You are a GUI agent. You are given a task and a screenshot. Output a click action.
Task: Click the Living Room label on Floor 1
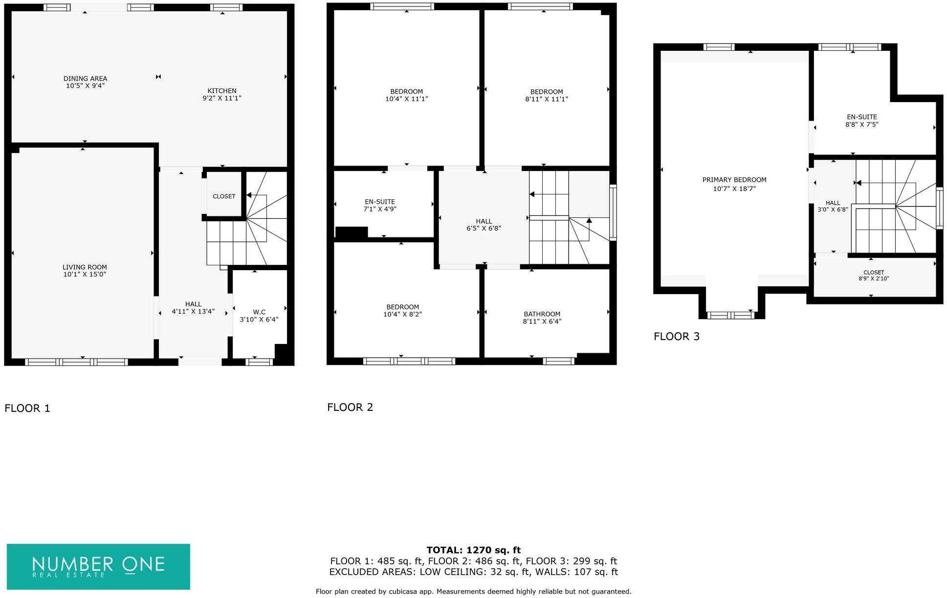pos(85,267)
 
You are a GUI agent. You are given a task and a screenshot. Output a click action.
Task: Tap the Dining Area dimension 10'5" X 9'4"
pos(86,86)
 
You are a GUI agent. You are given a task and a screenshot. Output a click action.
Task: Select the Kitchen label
pos(222,91)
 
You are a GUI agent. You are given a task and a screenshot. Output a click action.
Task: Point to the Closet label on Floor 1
pos(224,196)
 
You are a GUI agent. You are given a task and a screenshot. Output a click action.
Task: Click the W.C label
pos(259,312)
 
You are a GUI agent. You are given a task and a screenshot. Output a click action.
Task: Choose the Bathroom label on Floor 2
pos(542,314)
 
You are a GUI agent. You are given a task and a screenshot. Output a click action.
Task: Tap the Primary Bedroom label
pos(734,180)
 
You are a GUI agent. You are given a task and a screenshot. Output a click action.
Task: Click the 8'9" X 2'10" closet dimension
pos(874,279)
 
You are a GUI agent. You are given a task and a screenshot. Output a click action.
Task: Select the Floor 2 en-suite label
pos(380,202)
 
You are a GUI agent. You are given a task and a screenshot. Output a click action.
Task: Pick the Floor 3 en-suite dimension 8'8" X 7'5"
pos(862,125)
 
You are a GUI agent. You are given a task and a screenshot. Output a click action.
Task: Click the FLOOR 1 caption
pos(27,408)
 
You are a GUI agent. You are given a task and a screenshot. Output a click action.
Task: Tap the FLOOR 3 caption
pos(677,337)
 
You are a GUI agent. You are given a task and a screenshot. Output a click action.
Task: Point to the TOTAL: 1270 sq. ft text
pos(473,551)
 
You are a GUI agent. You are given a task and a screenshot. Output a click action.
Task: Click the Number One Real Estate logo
pos(98,567)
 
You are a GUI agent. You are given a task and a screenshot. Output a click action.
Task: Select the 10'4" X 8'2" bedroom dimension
pos(402,315)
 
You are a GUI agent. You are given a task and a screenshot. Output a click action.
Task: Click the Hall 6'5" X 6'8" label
pos(484,225)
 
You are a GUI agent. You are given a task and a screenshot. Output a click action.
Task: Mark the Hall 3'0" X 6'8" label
pos(833,206)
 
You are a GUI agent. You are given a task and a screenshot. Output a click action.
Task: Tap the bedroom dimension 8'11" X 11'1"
pos(547,99)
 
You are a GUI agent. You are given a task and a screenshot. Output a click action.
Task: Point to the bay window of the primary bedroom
pos(731,315)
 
